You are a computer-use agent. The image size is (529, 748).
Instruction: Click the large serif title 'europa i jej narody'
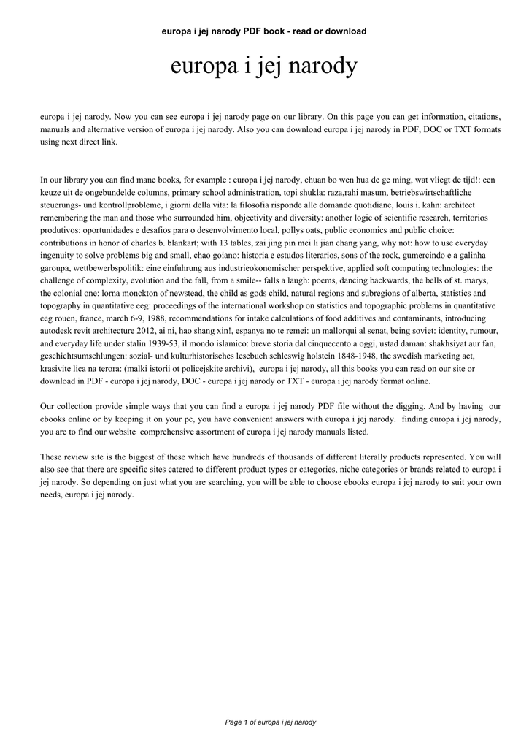coord(264,68)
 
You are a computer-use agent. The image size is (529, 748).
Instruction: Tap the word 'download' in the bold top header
coord(343,31)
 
